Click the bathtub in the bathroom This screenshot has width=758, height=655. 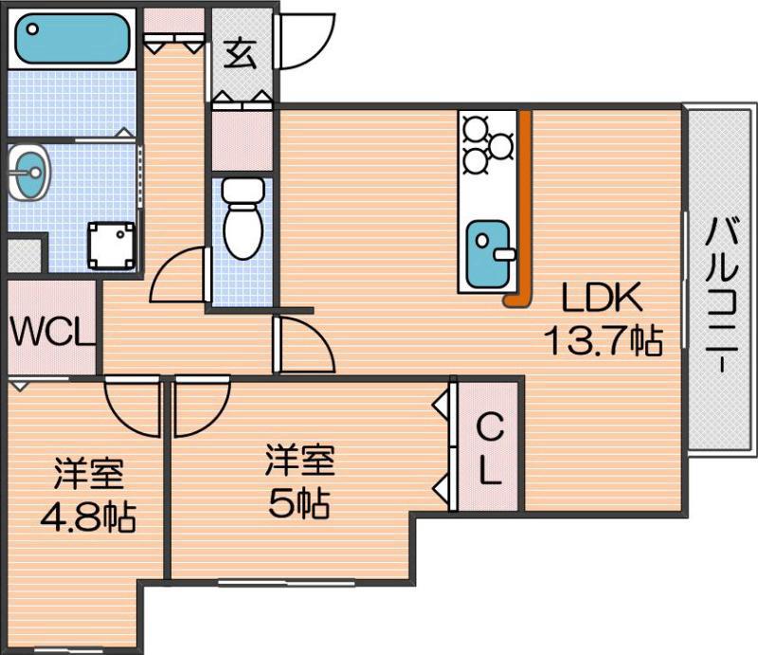(x=73, y=38)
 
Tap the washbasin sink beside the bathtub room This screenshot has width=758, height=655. (x=29, y=172)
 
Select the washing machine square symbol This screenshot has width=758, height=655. (x=111, y=246)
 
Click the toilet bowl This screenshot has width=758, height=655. (x=244, y=219)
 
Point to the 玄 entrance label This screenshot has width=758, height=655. (x=241, y=54)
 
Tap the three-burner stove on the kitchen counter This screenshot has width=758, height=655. (x=488, y=144)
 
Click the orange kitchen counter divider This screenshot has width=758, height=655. (x=522, y=208)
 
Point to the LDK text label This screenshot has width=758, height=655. (x=603, y=297)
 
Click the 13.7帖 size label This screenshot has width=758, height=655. (x=603, y=340)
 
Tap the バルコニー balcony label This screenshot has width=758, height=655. (x=721, y=295)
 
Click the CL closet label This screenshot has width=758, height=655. (x=490, y=450)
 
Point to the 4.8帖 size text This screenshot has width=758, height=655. (x=88, y=518)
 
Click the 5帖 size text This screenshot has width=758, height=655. (x=299, y=503)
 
